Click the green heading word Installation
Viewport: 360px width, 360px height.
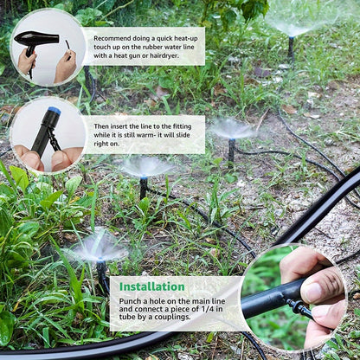tap(152, 286)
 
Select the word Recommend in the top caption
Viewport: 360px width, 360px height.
tap(112, 38)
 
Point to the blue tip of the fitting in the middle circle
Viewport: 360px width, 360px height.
tap(55, 110)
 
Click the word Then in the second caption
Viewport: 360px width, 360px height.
tap(100, 126)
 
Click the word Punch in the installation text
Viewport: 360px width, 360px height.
tap(129, 301)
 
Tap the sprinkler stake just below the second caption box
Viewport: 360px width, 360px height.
tap(144, 188)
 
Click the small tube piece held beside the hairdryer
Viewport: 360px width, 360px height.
tap(67, 49)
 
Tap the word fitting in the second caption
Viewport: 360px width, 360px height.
tap(182, 126)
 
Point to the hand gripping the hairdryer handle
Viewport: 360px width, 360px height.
tap(27, 61)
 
